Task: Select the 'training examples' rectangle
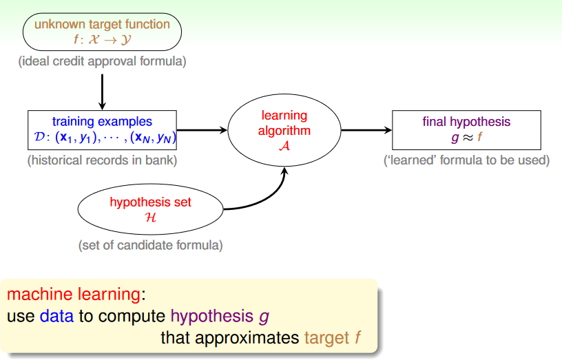pyautogui.click(x=102, y=130)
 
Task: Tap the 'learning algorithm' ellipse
pyautogui.click(x=285, y=130)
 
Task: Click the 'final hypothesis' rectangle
pyautogui.click(x=466, y=130)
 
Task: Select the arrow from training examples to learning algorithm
pyautogui.click(x=202, y=130)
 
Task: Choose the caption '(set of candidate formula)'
pyautogui.click(x=150, y=244)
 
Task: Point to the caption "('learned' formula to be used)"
pyautogui.click(x=466, y=161)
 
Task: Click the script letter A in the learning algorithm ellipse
pyautogui.click(x=284, y=145)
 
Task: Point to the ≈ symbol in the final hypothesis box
pyautogui.click(x=466, y=138)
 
